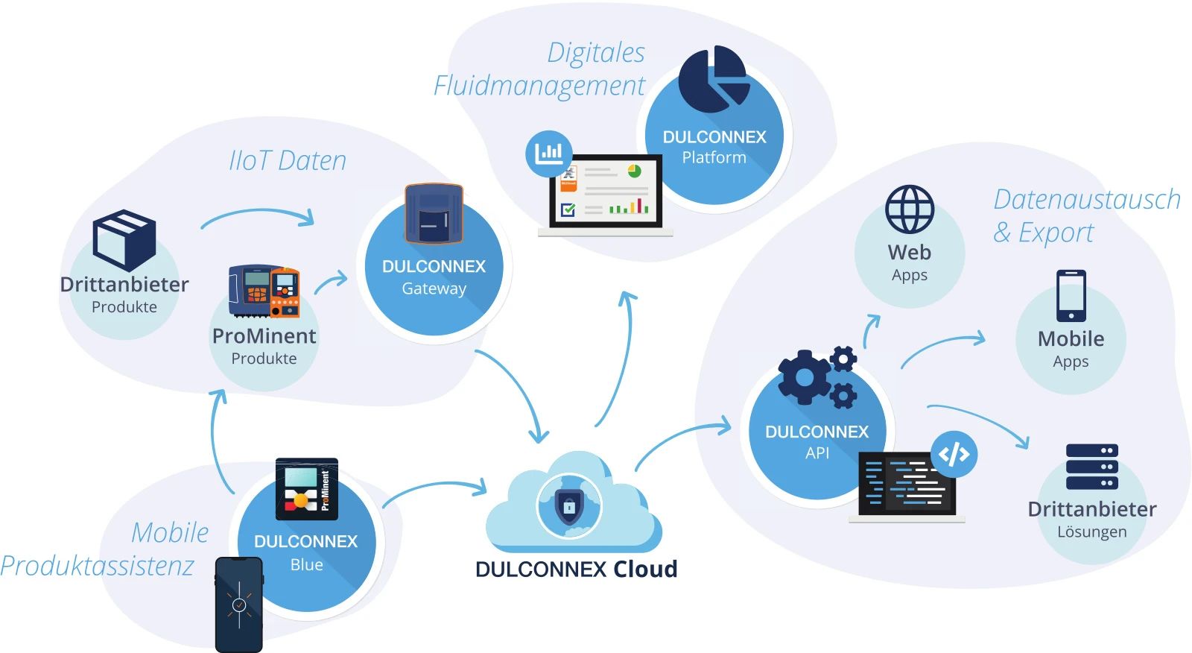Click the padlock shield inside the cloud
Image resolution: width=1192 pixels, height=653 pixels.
[x=569, y=507]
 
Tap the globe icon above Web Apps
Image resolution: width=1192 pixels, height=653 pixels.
[x=910, y=209]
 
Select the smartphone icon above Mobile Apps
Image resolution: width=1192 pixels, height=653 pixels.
[x=1071, y=296]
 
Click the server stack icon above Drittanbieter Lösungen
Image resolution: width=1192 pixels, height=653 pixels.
[x=1092, y=467]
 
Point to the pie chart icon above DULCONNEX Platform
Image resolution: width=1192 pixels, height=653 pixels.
[x=714, y=80]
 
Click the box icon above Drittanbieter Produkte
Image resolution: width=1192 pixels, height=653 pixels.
[x=124, y=239]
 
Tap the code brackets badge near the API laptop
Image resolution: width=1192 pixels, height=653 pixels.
[x=954, y=454]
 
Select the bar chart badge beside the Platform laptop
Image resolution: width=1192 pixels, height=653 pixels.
[x=549, y=154]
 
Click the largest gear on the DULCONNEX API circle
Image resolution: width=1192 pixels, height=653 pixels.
[x=804, y=377]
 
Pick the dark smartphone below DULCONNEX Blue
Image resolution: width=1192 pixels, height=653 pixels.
[x=239, y=605]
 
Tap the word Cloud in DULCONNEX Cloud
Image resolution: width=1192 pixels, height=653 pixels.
[x=645, y=569]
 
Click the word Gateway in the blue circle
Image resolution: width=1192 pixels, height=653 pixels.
[x=434, y=288]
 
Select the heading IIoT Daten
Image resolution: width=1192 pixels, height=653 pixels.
[x=288, y=160]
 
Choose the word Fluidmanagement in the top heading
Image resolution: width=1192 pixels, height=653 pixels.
[x=539, y=86]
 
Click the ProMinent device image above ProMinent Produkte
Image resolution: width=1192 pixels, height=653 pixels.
[x=264, y=291]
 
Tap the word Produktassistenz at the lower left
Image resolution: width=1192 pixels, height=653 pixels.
[x=98, y=566]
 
